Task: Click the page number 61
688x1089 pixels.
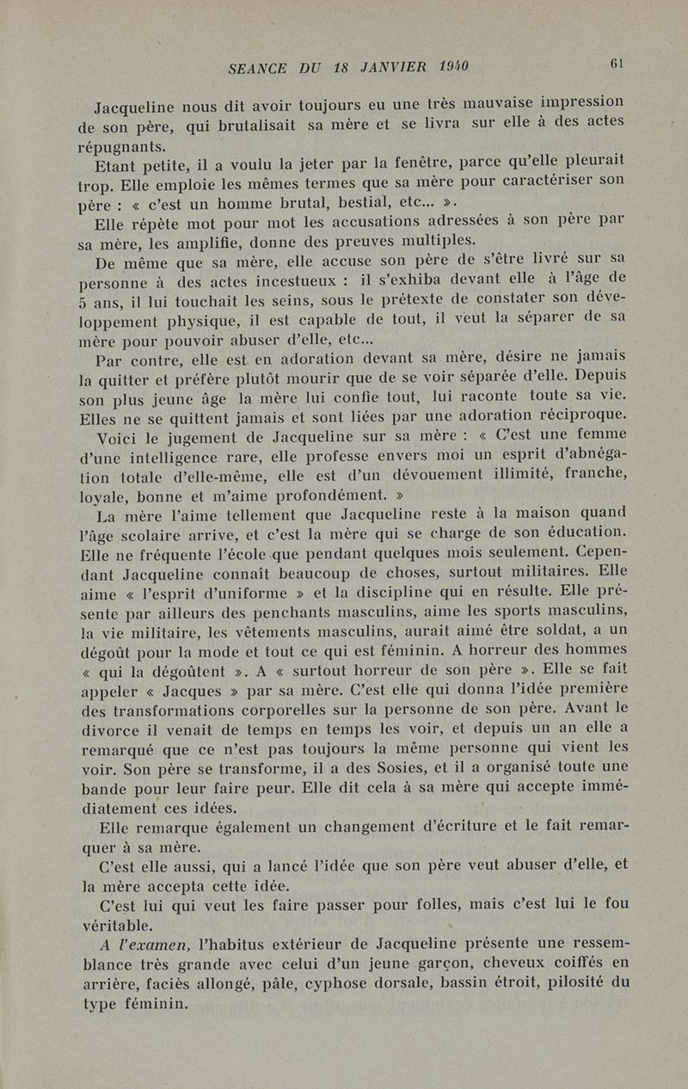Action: pyautogui.click(x=617, y=63)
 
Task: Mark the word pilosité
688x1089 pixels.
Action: pyautogui.click(x=570, y=980)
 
